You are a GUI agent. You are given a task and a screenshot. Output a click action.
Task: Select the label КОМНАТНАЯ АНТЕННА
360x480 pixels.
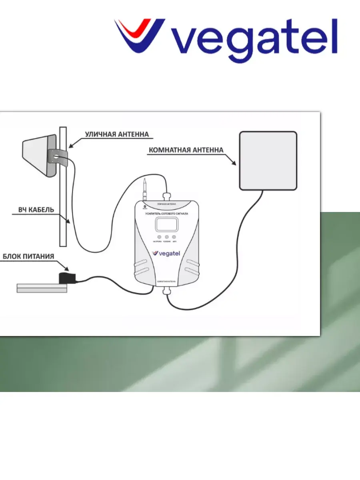pyautogui.click(x=186, y=151)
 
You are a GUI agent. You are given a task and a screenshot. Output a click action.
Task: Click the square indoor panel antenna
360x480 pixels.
pyautogui.click(x=268, y=160)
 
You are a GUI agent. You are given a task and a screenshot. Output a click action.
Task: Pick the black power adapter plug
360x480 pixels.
pyautogui.click(x=64, y=278)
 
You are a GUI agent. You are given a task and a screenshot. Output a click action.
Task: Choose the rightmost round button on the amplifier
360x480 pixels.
pyautogui.click(x=174, y=238)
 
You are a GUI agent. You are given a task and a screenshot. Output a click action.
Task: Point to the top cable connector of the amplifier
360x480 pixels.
pyautogui.click(x=166, y=196)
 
